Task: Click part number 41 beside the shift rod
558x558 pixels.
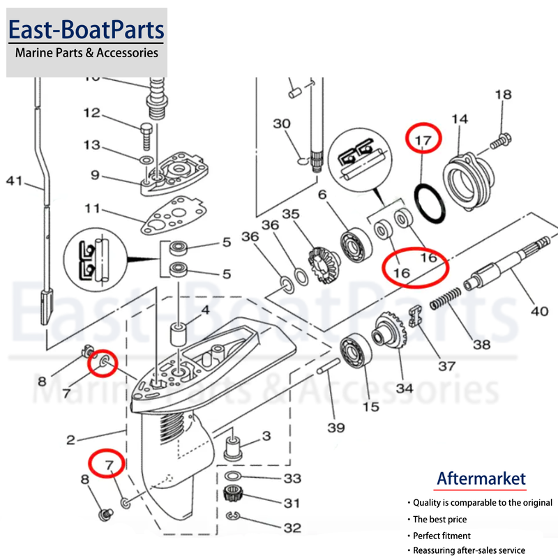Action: point(14,181)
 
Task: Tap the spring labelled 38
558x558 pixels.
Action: point(446,299)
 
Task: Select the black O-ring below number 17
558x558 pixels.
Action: point(430,203)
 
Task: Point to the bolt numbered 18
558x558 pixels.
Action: point(501,141)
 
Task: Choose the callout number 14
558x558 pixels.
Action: point(460,119)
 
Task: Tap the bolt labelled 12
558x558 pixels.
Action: point(146,136)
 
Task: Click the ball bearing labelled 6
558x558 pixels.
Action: point(356,246)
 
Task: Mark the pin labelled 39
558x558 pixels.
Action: point(329,366)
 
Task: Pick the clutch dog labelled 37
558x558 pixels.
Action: point(416,316)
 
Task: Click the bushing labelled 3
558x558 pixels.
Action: point(233,449)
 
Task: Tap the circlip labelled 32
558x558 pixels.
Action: point(233,515)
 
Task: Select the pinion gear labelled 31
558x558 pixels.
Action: point(233,494)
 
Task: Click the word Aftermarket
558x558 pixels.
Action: point(481,478)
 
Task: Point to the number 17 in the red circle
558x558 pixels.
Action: point(423,140)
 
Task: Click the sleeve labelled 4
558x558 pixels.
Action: point(179,334)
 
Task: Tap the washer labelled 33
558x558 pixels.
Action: point(233,476)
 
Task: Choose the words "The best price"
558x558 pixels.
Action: point(439,519)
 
